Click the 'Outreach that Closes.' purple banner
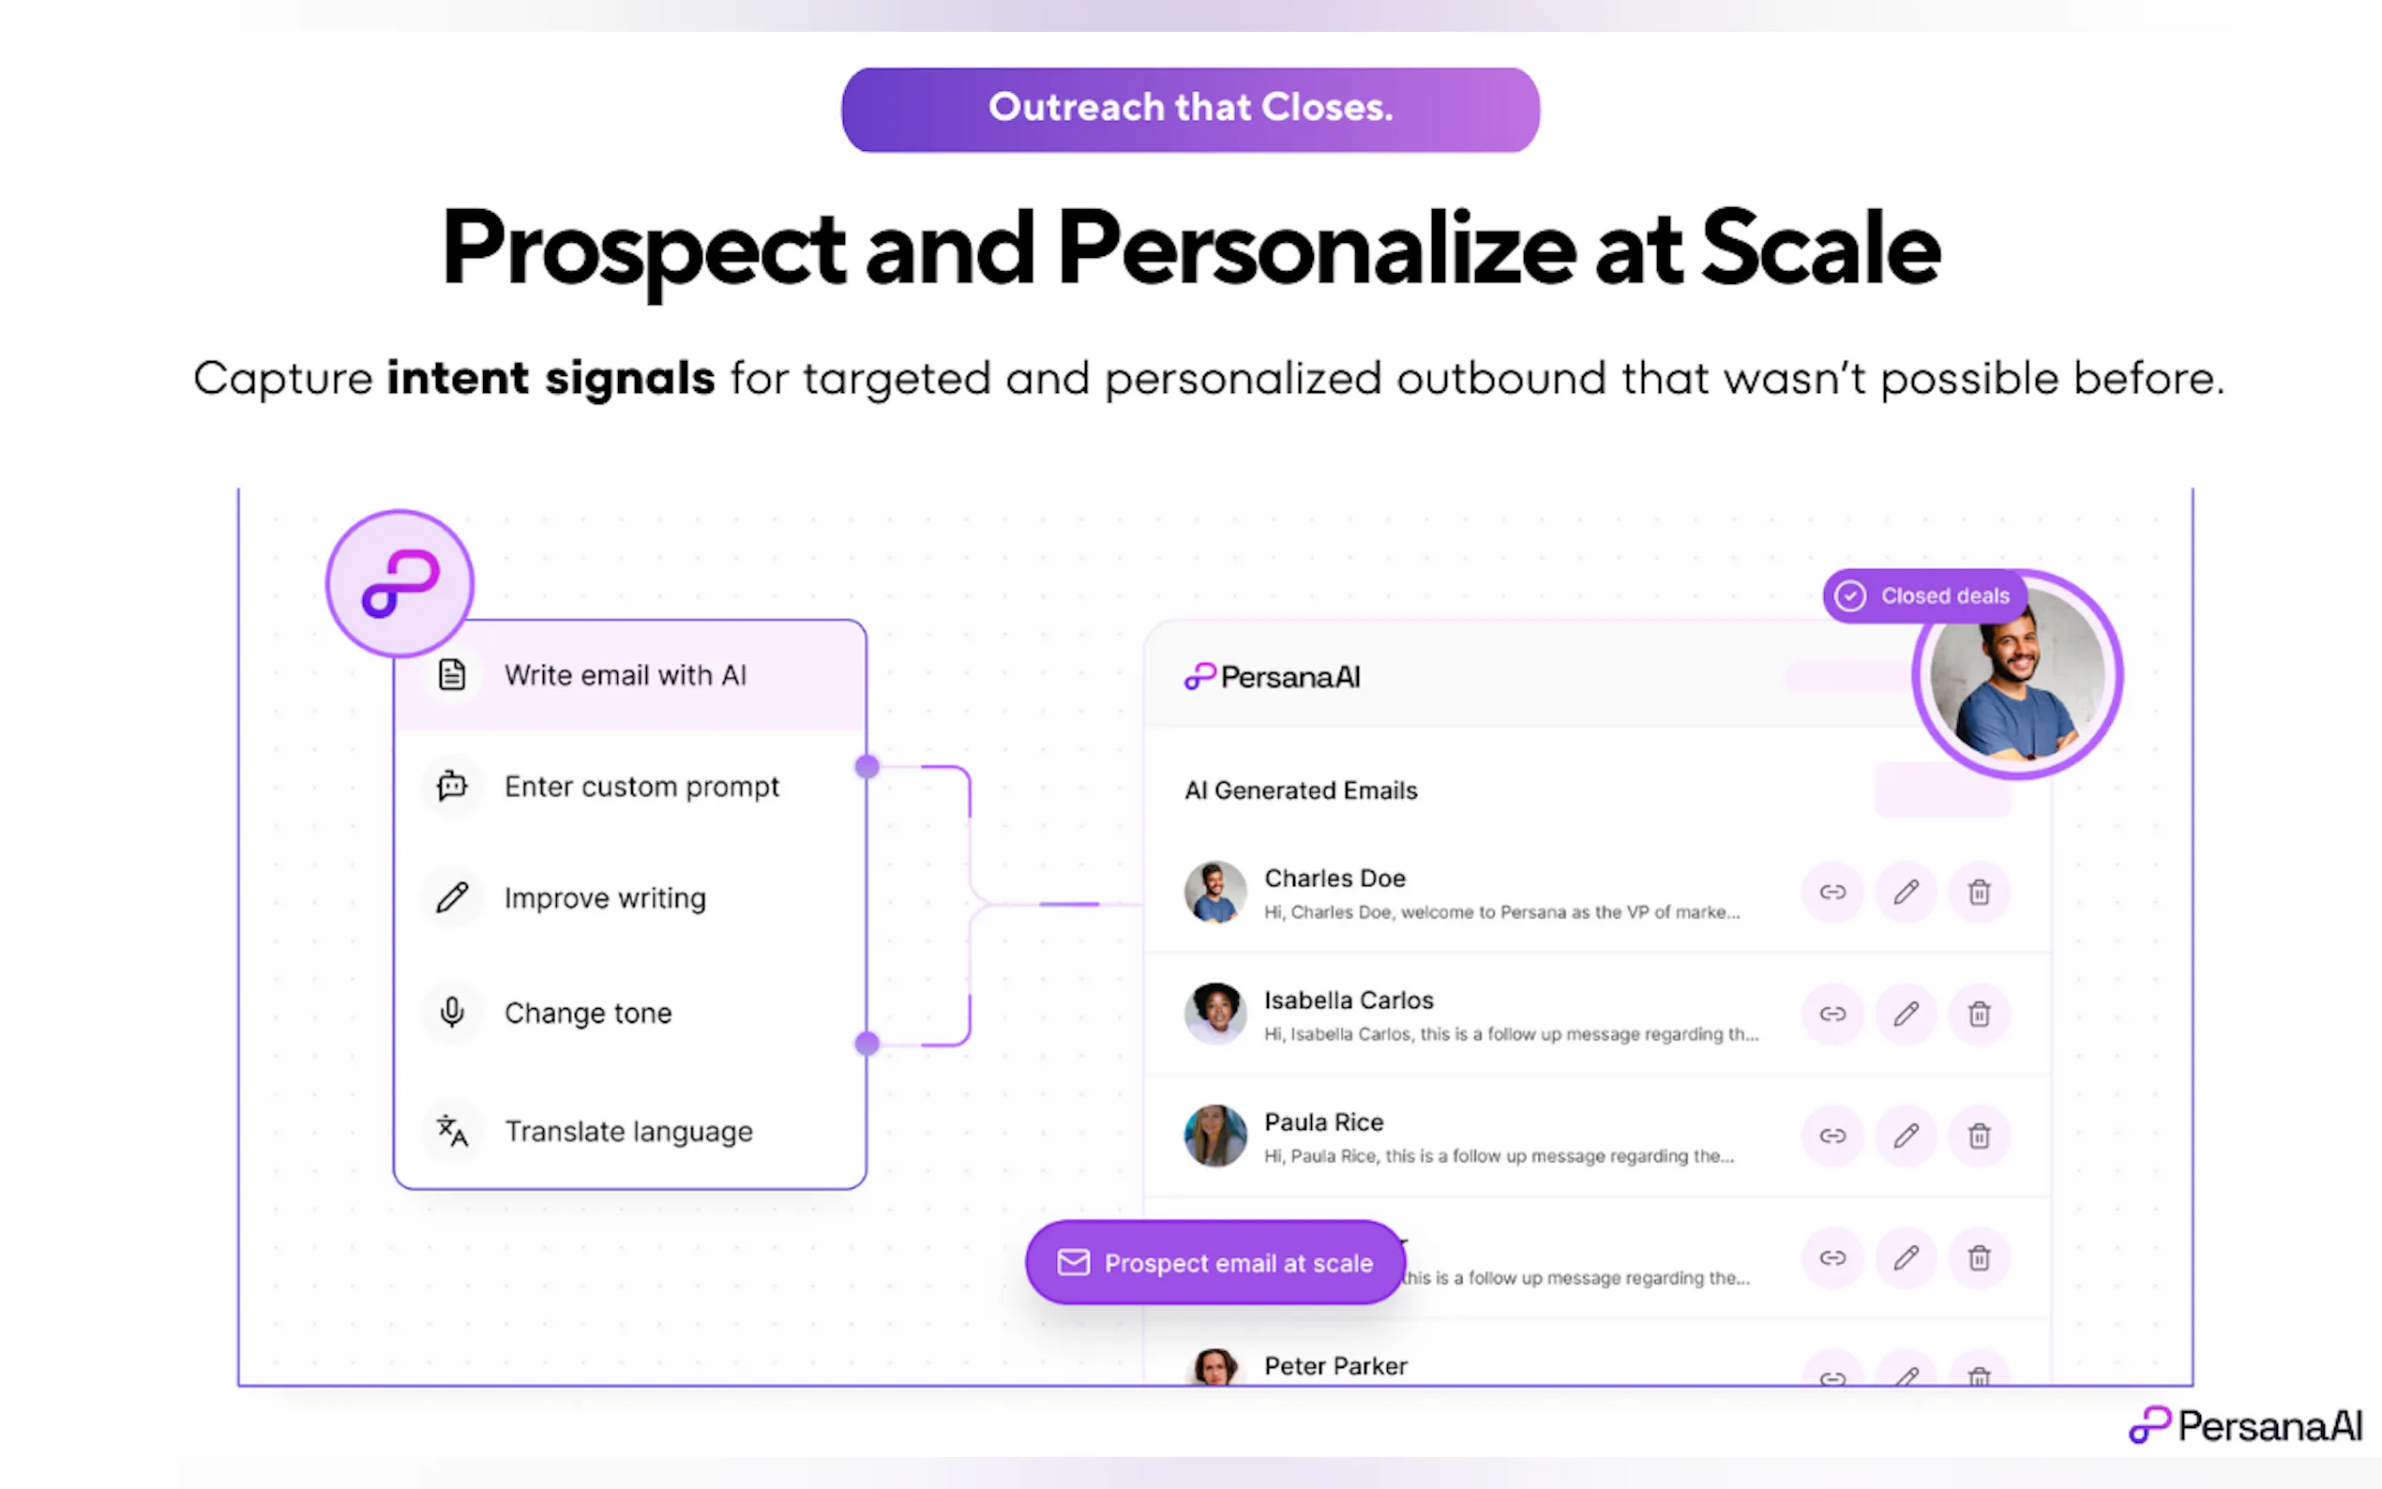(1189, 110)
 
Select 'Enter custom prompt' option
(641, 787)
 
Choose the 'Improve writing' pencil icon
(452, 897)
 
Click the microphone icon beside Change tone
(452, 1012)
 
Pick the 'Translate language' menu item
(628, 1132)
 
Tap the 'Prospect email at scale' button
(1215, 1262)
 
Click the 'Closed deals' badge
(1924, 595)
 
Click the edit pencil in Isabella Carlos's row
(1906, 1014)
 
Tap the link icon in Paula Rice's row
(1832, 1136)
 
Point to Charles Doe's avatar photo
(1215, 893)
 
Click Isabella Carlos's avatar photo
(1215, 1014)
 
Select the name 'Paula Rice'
(1323, 1121)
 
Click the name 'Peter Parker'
(1335, 1366)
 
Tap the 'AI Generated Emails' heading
(1301, 790)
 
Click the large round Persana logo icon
(400, 584)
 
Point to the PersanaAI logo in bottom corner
(2246, 1425)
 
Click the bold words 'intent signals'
(550, 378)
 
